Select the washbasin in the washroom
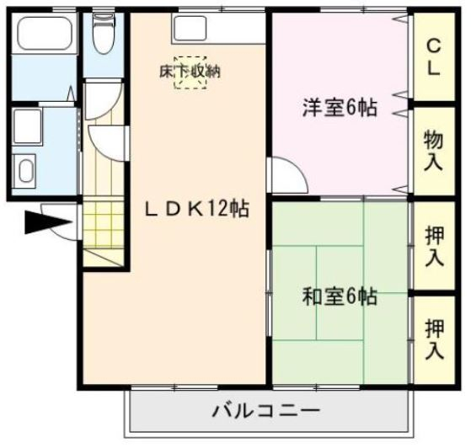(26, 173)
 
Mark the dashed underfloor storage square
(189, 72)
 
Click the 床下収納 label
(190, 72)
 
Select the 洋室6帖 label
(340, 108)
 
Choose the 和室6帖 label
(340, 296)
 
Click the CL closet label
(432, 57)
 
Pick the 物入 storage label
(432, 148)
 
